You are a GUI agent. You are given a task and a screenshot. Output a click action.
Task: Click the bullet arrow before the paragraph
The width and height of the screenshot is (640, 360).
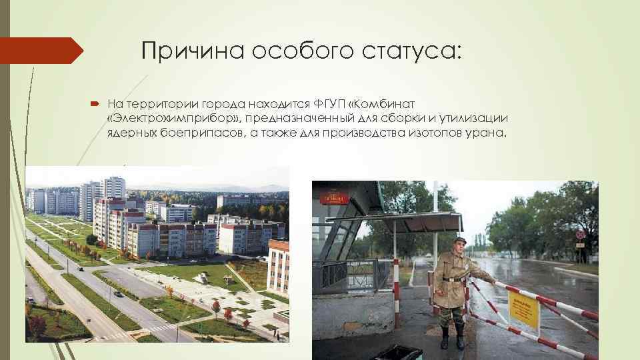(x=93, y=104)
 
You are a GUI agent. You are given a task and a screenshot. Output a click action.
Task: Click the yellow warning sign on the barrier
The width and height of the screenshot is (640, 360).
(x=523, y=310)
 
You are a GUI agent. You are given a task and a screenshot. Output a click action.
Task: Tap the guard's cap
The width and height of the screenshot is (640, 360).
(x=460, y=240)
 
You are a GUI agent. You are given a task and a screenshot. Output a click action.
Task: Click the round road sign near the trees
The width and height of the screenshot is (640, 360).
(x=580, y=235)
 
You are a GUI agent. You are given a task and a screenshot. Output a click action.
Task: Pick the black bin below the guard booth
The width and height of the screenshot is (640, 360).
(x=397, y=352)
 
